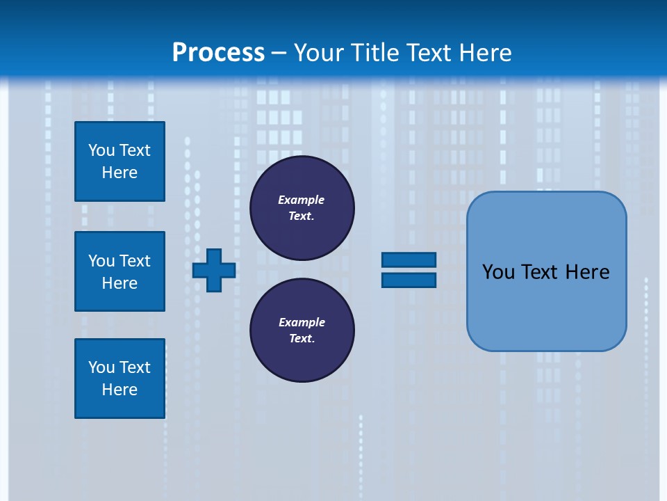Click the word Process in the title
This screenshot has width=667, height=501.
click(218, 53)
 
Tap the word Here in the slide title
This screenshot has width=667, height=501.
click(485, 53)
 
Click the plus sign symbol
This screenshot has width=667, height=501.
click(214, 270)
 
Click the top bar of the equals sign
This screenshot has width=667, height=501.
click(409, 260)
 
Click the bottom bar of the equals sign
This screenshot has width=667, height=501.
click(409, 280)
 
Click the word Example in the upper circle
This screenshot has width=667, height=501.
click(301, 200)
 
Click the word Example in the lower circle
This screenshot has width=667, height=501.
click(302, 322)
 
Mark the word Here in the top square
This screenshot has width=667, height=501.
click(120, 173)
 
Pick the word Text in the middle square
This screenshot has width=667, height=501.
click(135, 261)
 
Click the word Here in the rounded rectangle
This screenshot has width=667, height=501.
click(587, 272)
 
